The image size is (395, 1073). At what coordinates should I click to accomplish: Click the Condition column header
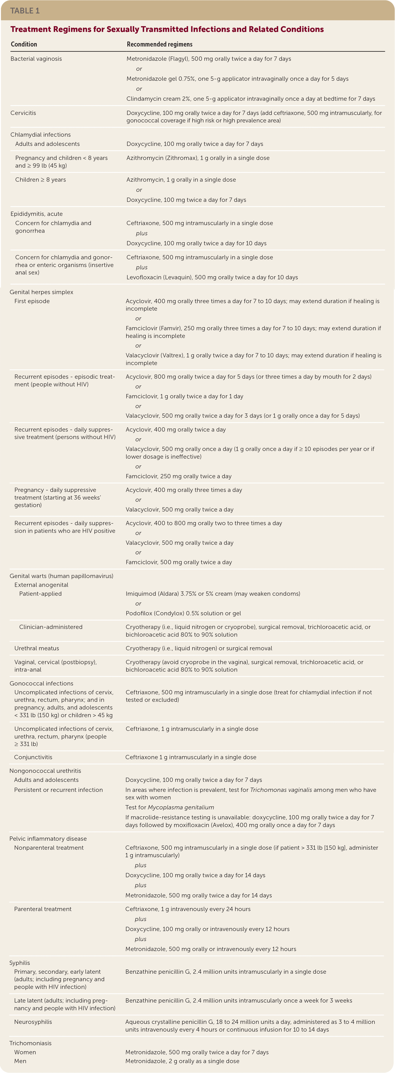click(x=24, y=44)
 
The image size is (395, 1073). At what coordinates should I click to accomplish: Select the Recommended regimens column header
click(x=159, y=44)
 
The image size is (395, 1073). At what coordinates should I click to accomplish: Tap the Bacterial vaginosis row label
click(x=36, y=59)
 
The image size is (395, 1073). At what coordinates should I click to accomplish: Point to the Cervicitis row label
click(x=23, y=113)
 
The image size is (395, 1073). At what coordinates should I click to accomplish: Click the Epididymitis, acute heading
click(x=37, y=214)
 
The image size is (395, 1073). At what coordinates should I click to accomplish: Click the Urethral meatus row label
click(x=37, y=648)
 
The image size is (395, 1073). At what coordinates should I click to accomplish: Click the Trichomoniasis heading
click(x=30, y=1043)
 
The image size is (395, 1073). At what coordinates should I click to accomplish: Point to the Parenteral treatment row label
click(x=43, y=909)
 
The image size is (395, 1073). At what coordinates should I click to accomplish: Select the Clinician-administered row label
click(x=51, y=627)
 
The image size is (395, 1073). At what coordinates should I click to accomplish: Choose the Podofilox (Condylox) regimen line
click(x=183, y=613)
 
